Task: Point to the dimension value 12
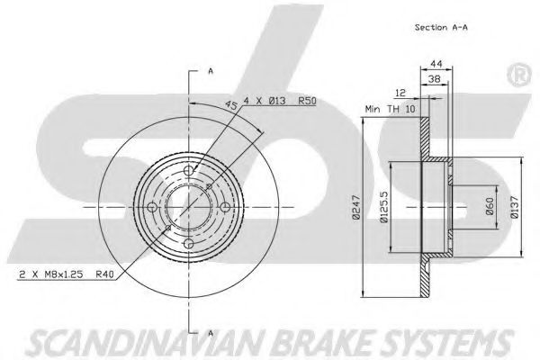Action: pyautogui.click(x=400, y=93)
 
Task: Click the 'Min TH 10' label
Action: pyautogui.click(x=389, y=108)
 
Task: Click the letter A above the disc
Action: pyautogui.click(x=210, y=69)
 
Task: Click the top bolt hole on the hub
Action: pyautogui.click(x=187, y=171)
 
